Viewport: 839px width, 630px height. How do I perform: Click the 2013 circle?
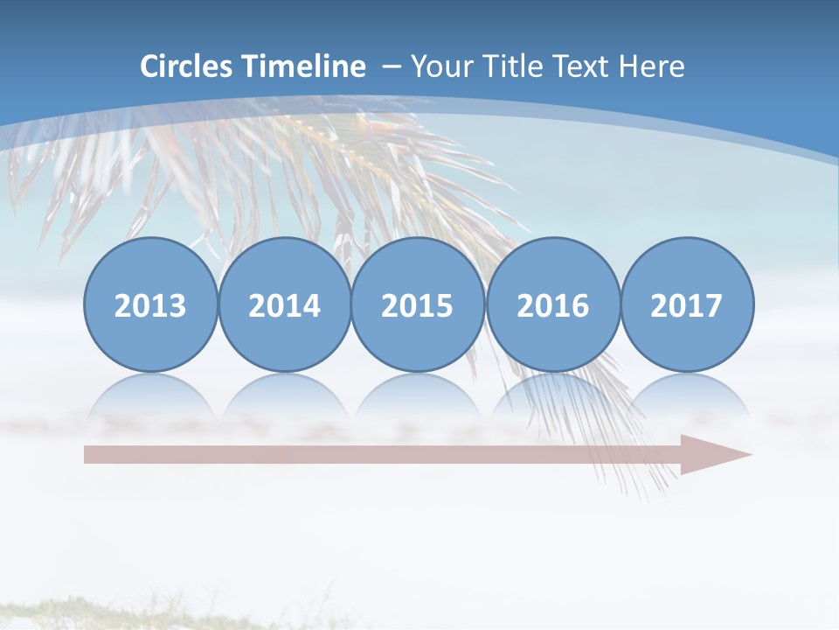(150, 304)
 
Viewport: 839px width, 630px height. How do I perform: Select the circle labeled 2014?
(284, 304)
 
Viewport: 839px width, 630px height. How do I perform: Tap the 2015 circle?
(418, 304)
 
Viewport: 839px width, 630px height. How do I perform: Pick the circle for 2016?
(553, 304)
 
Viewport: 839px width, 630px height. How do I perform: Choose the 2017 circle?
(687, 304)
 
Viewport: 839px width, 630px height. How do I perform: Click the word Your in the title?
(440, 66)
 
